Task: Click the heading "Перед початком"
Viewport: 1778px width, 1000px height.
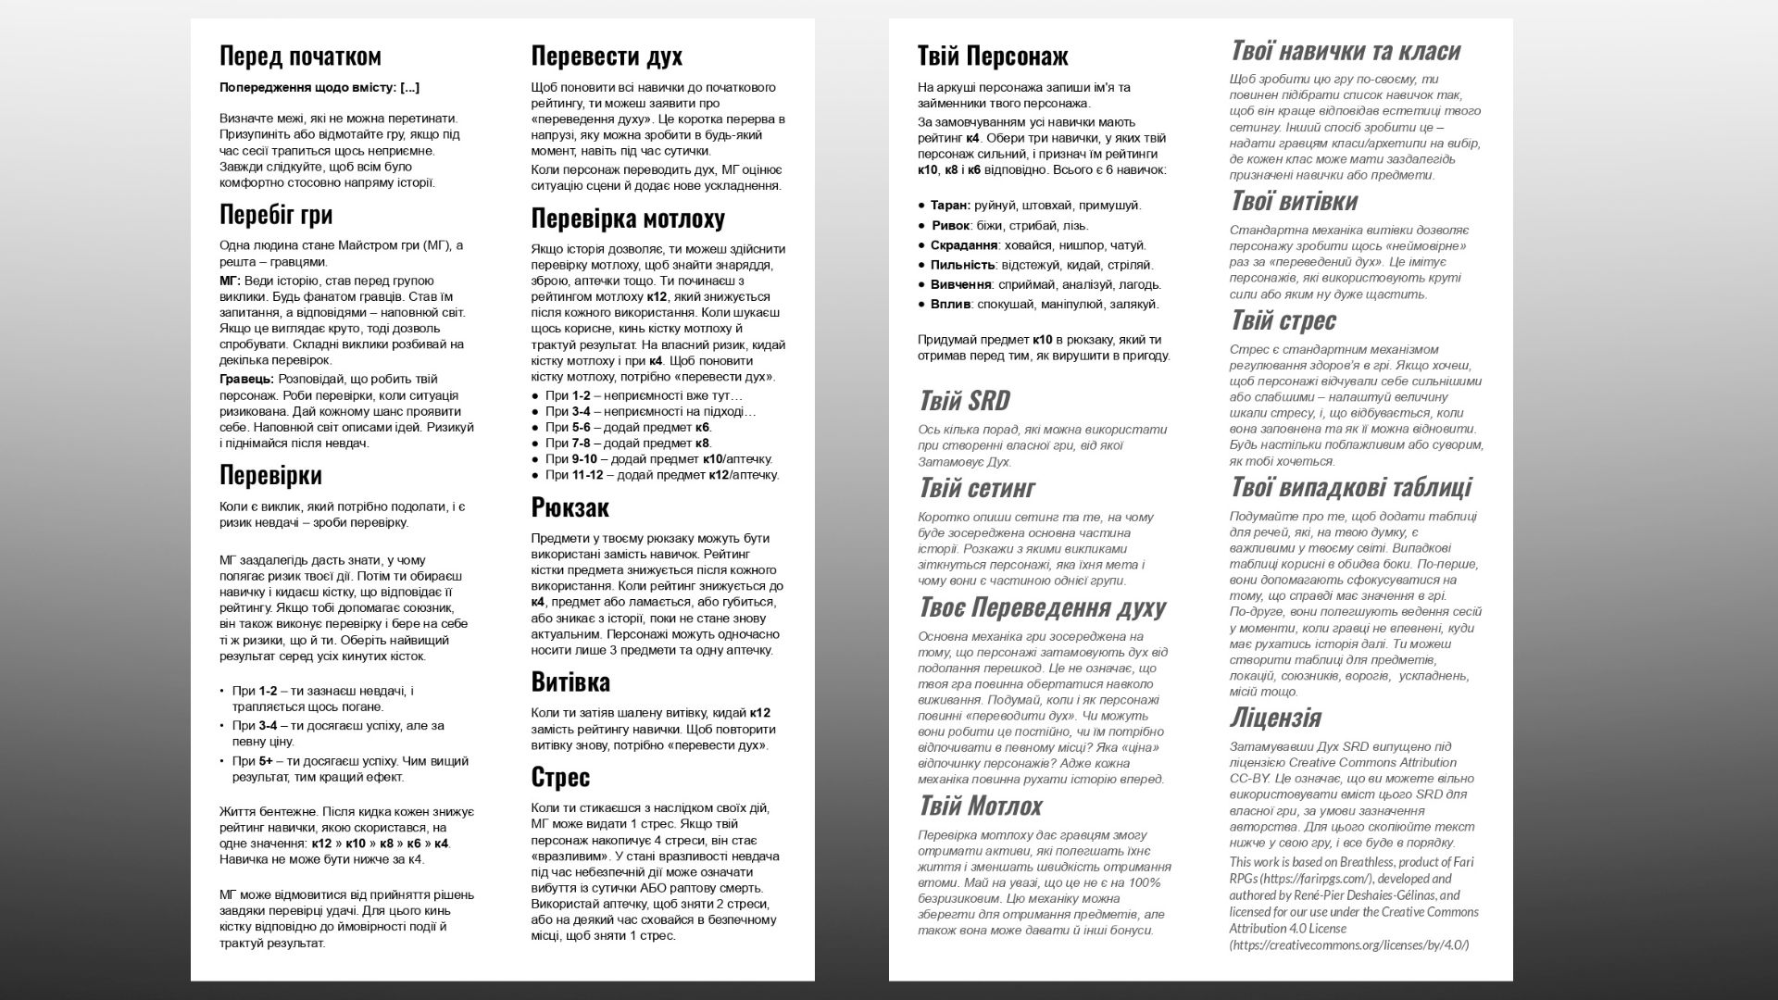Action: pyautogui.click(x=300, y=56)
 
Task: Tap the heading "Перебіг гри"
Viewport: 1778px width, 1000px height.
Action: pyautogui.click(x=276, y=215)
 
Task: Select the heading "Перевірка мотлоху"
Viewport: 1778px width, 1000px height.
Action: pyautogui.click(x=628, y=219)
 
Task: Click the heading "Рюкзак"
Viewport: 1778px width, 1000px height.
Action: pyautogui.click(x=570, y=507)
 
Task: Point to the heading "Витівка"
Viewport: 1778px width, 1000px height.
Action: pyautogui.click(x=570, y=682)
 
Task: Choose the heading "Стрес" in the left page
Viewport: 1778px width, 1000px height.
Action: pyautogui.click(x=560, y=777)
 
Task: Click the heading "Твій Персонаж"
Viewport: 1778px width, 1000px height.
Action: pyautogui.click(x=993, y=56)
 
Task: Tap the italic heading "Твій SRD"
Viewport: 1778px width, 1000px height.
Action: pyautogui.click(x=963, y=401)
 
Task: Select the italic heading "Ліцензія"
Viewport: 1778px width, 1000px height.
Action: pyautogui.click(x=1275, y=718)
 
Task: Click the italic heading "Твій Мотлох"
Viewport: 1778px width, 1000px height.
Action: pyautogui.click(x=981, y=806)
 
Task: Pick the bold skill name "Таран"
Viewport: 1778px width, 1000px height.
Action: pyautogui.click(x=950, y=206)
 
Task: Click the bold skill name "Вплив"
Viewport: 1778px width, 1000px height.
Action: pyautogui.click(x=951, y=304)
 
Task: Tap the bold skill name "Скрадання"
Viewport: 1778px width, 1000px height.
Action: pyautogui.click(x=964, y=245)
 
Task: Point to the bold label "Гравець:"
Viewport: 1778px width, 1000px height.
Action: pyautogui.click(x=245, y=379)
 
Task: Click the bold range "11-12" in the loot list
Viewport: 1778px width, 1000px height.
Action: pyautogui.click(x=587, y=475)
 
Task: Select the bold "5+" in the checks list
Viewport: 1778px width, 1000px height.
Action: pyautogui.click(x=266, y=761)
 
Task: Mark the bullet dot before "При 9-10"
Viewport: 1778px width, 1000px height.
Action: pyautogui.click(x=535, y=459)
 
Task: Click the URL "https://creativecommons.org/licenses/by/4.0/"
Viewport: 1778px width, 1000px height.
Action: pyautogui.click(x=1349, y=945)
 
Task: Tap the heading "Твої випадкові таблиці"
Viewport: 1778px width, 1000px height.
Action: pyautogui.click(x=1350, y=487)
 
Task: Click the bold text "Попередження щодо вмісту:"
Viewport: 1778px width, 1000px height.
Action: pyautogui.click(x=307, y=88)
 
